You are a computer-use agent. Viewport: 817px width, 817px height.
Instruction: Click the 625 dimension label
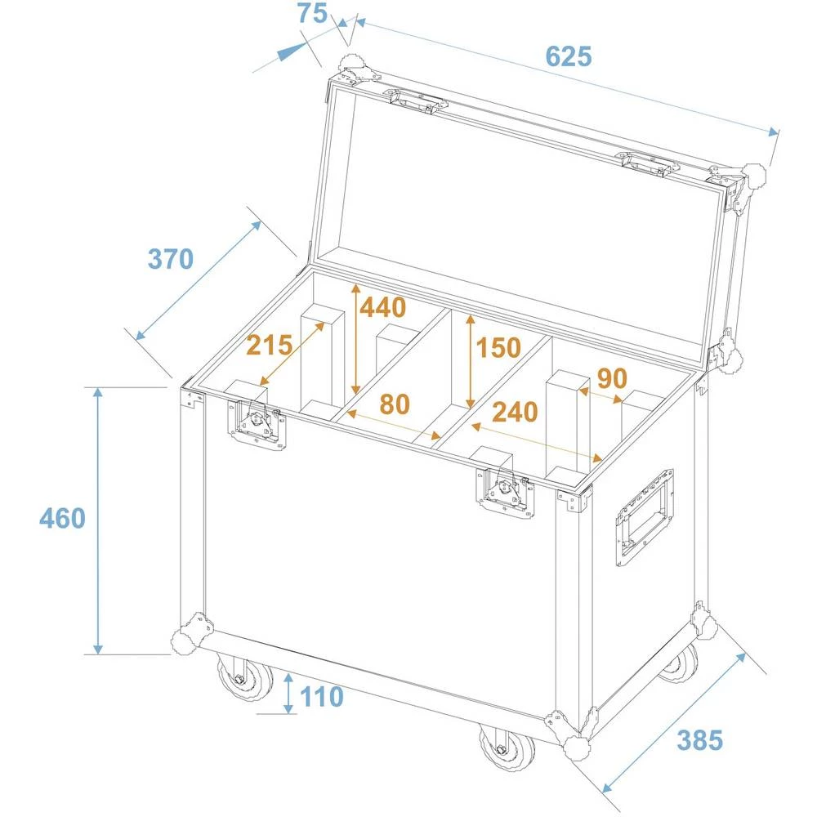[567, 56]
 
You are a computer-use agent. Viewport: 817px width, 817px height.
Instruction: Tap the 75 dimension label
[311, 14]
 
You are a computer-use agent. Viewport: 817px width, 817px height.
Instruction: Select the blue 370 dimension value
[170, 259]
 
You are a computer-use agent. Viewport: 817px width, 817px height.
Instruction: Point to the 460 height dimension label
[61, 518]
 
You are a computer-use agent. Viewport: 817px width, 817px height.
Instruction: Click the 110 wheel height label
[321, 697]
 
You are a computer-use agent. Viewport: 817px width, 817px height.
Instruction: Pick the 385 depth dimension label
[699, 740]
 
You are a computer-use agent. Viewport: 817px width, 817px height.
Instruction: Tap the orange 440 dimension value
[382, 308]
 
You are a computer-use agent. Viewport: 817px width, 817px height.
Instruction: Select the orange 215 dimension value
[270, 346]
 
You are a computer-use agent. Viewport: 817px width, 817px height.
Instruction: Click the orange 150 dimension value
[498, 348]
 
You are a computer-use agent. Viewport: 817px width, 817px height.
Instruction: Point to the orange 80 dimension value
[394, 404]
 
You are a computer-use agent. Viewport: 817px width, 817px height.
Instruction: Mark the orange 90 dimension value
[612, 379]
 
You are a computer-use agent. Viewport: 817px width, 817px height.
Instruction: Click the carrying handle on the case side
[645, 516]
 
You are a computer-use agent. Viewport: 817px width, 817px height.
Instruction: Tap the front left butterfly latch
[258, 423]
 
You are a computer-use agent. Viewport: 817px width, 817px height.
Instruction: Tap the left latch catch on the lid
[417, 101]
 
